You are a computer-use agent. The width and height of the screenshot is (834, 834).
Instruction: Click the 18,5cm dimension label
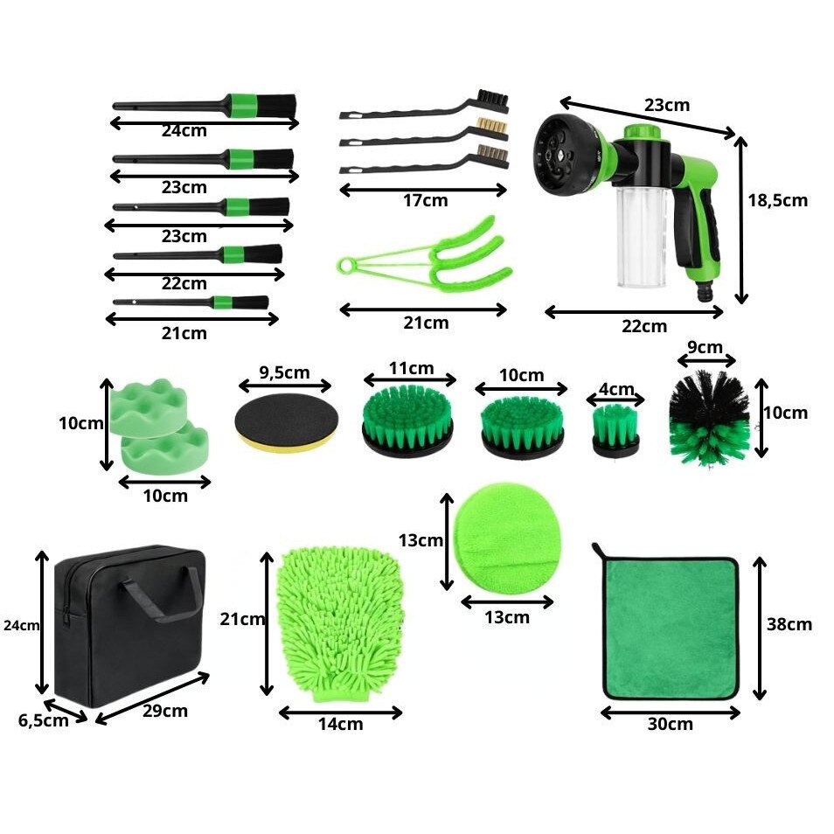[778, 200]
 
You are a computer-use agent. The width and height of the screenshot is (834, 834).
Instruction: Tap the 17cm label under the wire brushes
[426, 200]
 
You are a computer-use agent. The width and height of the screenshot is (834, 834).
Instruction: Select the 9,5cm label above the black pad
[285, 373]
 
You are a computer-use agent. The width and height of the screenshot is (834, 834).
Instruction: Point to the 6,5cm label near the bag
[43, 720]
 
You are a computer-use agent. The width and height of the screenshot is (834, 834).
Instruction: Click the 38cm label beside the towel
[789, 624]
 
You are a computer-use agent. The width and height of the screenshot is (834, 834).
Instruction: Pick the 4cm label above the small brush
[616, 389]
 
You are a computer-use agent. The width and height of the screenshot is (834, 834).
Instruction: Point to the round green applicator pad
[506, 539]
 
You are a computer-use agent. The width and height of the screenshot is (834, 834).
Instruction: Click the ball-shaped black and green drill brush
[709, 418]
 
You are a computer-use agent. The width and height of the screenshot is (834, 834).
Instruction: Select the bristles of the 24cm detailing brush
[276, 107]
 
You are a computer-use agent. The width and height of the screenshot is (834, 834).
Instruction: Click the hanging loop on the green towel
[601, 551]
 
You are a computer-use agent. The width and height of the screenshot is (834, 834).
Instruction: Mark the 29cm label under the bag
[165, 711]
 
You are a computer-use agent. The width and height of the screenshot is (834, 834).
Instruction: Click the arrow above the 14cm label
[340, 712]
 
